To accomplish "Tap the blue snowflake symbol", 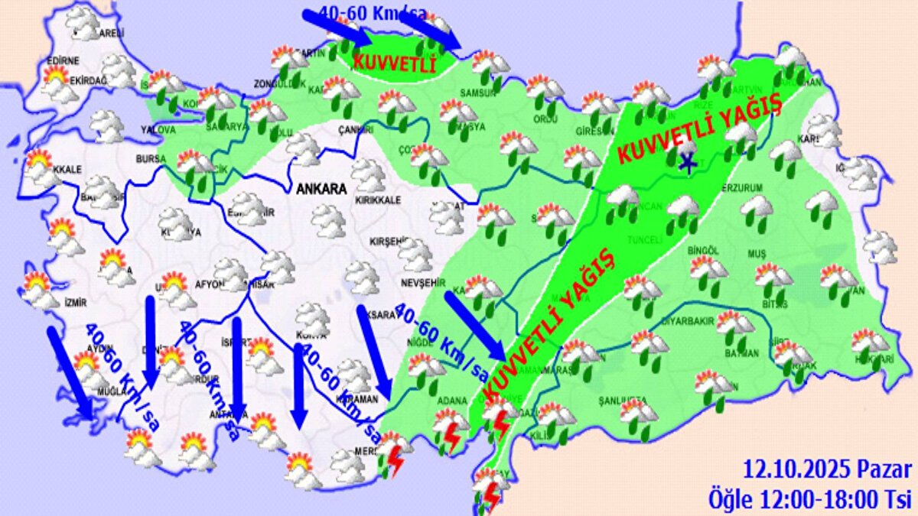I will [x=688, y=161].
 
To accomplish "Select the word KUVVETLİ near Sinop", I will [x=393, y=62].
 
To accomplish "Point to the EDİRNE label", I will [x=63, y=61].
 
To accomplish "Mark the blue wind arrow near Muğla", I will [x=71, y=372].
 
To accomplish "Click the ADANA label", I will [x=447, y=401].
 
